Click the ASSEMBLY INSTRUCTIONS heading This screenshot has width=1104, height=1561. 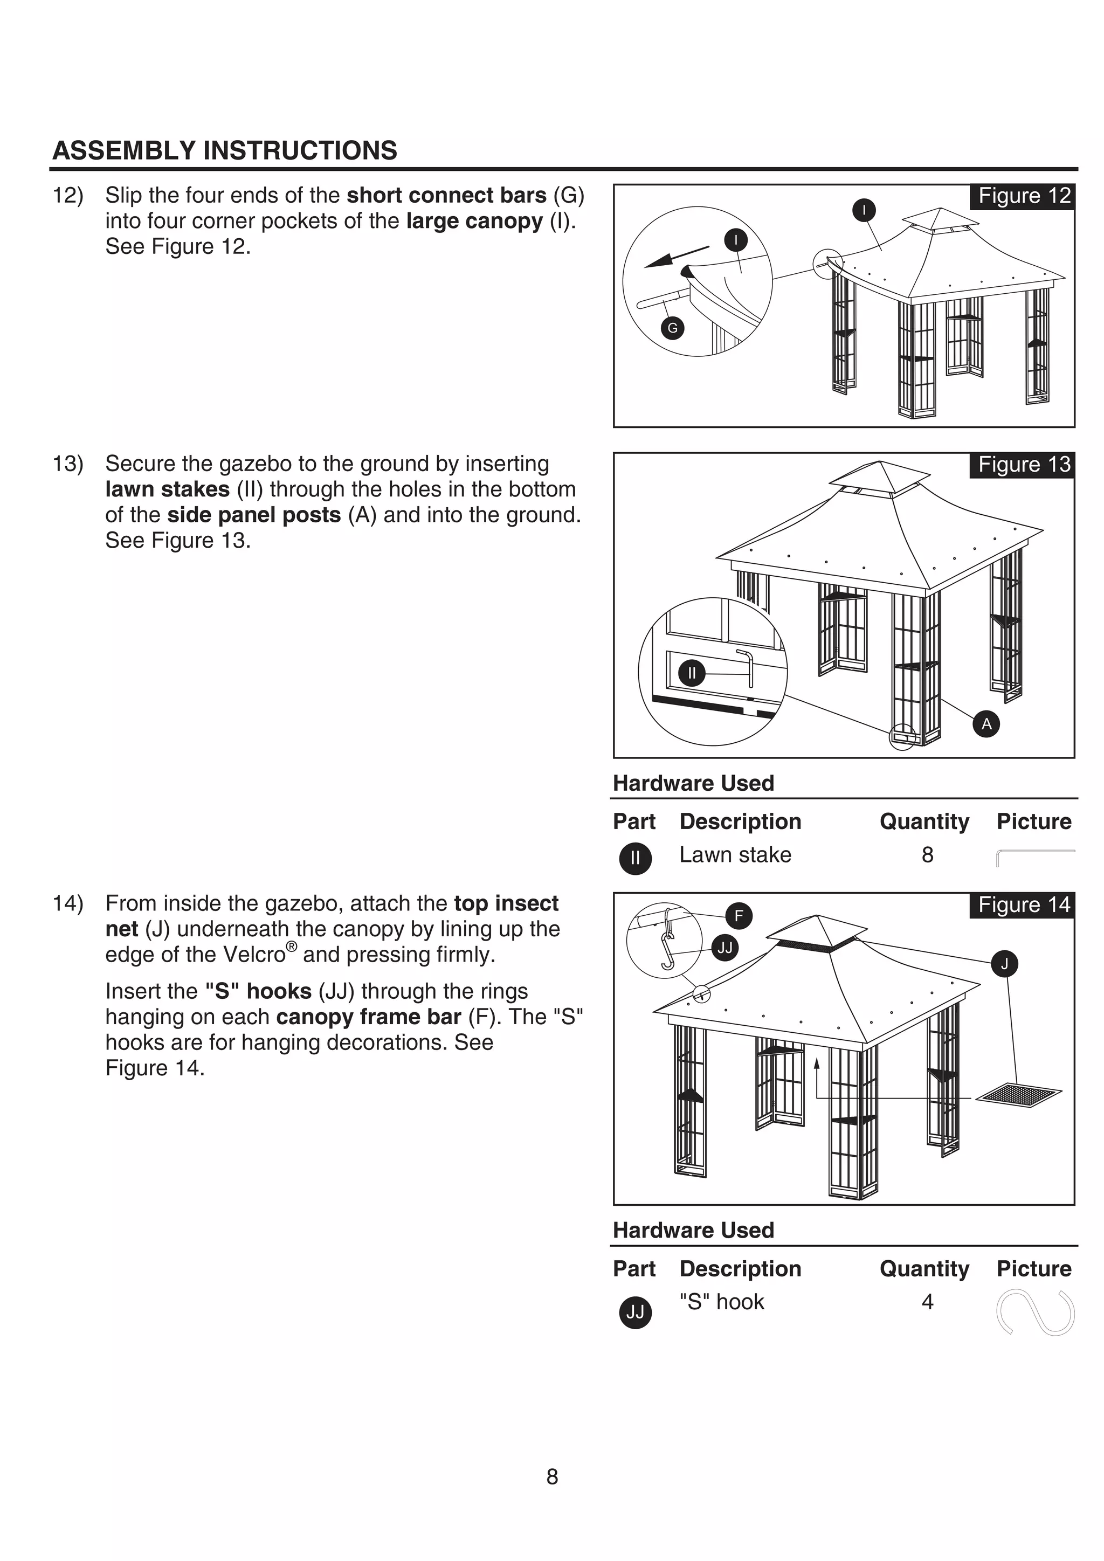tap(224, 150)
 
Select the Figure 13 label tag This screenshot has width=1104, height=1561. tap(1023, 465)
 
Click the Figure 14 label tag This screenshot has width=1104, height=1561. tap(1023, 905)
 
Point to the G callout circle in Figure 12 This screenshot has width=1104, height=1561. tap(672, 328)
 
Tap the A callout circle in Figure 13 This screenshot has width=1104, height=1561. tap(986, 724)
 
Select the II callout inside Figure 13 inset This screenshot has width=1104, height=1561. tap(692, 674)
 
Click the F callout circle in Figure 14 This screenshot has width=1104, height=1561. tap(739, 916)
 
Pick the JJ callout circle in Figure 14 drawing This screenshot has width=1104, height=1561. tap(724, 948)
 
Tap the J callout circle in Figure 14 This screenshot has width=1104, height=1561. tap(1005, 963)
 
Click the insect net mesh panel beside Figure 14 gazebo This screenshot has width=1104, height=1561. tap(1018, 1095)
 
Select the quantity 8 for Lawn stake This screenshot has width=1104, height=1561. tap(927, 855)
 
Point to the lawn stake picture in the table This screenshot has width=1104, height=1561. tap(1034, 855)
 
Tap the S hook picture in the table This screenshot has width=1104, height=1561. tap(1034, 1313)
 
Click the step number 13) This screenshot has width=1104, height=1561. tap(68, 464)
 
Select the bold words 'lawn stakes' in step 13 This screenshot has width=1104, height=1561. tap(167, 489)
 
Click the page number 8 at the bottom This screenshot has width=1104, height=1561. tap(552, 1477)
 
